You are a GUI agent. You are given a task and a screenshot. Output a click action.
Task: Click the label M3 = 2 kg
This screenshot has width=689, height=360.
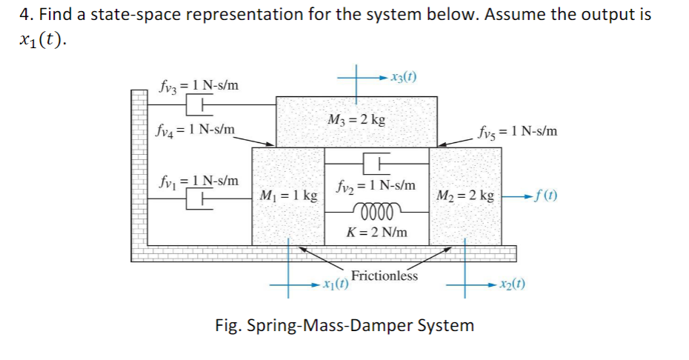coord(356,121)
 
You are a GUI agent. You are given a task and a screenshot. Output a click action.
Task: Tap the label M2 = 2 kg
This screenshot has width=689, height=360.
coord(466,196)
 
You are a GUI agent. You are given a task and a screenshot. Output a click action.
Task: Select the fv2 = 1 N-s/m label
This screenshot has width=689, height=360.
coord(376,184)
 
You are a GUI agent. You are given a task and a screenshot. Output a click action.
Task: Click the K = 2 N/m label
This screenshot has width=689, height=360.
coord(376,232)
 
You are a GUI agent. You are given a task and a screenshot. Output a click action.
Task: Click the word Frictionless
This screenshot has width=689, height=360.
coord(385,276)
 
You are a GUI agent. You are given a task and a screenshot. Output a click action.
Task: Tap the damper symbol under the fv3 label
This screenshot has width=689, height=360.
coord(199,107)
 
